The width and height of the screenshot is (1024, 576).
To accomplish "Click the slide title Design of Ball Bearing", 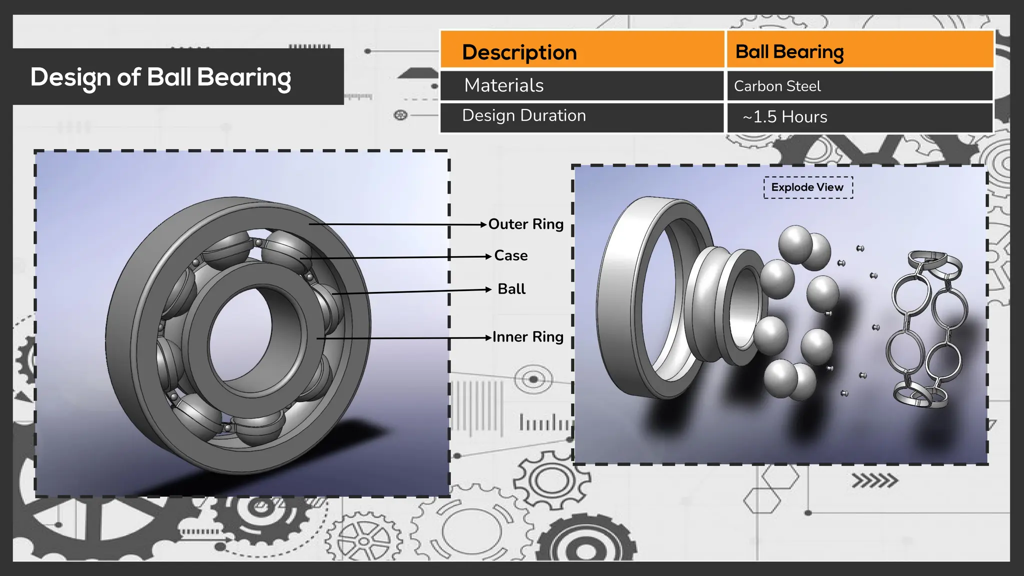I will click(160, 77).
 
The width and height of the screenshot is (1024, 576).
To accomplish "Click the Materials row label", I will click(503, 85).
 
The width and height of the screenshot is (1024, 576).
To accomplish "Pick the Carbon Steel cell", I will click(777, 86).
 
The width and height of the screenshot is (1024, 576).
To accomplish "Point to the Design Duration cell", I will click(523, 115).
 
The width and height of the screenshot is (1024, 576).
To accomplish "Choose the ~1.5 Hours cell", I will click(784, 117).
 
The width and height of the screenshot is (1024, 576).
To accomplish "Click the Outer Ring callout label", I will click(525, 224).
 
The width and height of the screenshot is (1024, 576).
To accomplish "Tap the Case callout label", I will click(510, 255).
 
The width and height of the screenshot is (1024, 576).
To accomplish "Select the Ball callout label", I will click(511, 289).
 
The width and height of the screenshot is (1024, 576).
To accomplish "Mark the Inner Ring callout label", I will click(527, 337).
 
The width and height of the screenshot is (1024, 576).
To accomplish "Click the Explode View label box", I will click(807, 187).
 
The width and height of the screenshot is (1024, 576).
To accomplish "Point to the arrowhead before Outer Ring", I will click(483, 224).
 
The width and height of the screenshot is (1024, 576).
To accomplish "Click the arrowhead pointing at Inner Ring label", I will click(488, 338).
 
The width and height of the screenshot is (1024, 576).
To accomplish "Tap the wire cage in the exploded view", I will click(925, 330).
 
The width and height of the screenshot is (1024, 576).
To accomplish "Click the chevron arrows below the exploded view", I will click(874, 481).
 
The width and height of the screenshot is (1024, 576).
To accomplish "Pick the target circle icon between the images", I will click(533, 379).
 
